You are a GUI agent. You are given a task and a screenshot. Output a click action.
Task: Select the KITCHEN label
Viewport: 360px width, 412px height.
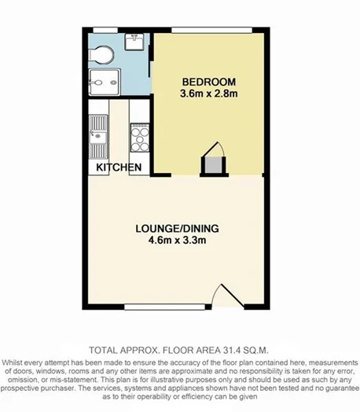click(119, 167)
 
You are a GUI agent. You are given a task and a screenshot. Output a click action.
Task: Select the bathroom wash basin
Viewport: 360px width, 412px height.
click(133, 42)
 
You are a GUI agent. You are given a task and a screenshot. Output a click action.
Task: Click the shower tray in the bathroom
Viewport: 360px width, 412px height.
click(102, 81)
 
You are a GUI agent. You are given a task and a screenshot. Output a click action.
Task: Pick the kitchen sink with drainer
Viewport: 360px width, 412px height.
click(97, 132)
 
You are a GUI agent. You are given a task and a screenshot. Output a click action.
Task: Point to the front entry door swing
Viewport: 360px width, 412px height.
click(225, 296)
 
